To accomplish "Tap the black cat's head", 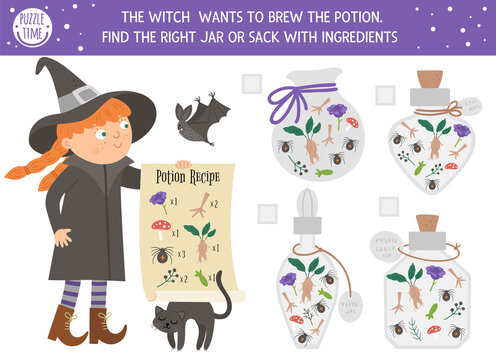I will click(x=166, y=319).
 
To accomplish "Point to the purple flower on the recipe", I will click(x=158, y=199).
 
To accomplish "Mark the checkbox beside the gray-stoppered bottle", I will click(x=266, y=212).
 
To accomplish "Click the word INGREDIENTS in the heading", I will click(x=351, y=37).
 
